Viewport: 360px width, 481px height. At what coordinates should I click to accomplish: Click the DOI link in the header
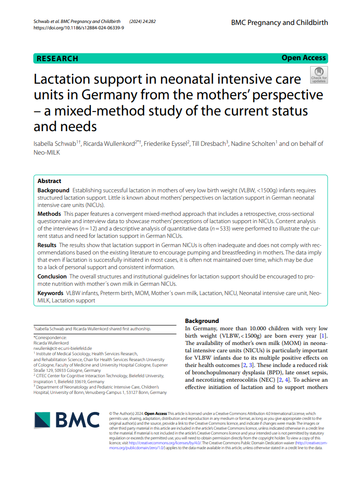pos(78,28)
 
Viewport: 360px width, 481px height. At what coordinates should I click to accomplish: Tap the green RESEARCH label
pos(58,59)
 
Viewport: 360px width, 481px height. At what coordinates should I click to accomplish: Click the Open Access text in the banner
pos(303,58)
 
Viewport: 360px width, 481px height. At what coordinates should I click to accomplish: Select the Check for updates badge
pos(319,75)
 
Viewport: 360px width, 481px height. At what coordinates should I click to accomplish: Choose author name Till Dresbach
pos(209,143)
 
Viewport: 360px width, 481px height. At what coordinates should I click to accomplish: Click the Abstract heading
pos(49,181)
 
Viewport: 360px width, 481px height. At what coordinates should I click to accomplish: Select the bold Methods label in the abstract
pos(49,214)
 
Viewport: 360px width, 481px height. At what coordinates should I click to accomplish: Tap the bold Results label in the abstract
pos(47,244)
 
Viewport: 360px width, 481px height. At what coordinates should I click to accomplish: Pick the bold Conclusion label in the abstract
pos(52,276)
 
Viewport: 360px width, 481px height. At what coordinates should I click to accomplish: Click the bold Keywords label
pos(50,293)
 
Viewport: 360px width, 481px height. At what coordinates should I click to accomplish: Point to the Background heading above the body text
pos(202,321)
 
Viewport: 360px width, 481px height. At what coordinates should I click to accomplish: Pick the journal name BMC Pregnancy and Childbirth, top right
pos(279,23)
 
